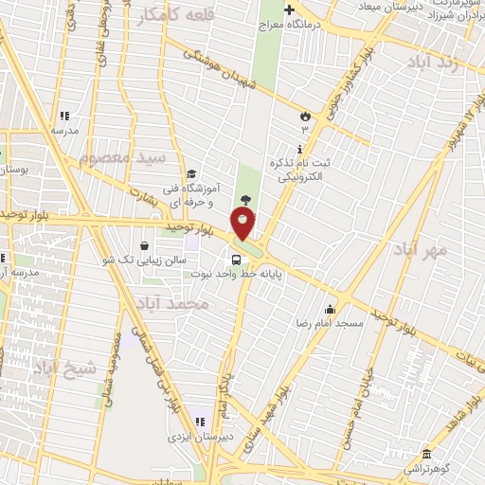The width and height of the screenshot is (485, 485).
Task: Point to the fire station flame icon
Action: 305,116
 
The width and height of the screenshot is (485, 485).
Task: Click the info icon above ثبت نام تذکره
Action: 300,149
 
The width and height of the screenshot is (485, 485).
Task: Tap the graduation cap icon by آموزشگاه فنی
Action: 191,174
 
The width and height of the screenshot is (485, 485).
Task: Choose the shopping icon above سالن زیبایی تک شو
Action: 144,245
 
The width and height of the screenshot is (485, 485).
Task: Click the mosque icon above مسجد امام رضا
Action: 330,309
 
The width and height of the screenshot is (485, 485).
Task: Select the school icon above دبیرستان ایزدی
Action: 199,422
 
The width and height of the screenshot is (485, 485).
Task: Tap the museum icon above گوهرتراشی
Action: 426,454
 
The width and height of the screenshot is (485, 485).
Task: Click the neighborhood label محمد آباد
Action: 171,304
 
